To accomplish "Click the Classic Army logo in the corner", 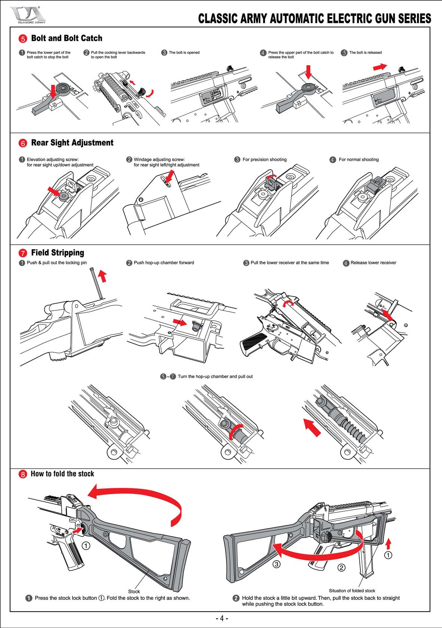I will [x=28, y=15].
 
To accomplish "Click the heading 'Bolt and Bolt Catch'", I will [x=66, y=38].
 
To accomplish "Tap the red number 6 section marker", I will [x=23, y=143].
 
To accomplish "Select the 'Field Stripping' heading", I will [x=57, y=253].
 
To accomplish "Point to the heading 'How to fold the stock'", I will [x=62, y=474].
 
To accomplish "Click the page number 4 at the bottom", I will [x=222, y=618].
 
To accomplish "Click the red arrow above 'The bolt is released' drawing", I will [x=380, y=67].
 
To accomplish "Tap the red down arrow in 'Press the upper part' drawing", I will [x=308, y=72].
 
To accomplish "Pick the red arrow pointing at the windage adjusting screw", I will [x=170, y=177].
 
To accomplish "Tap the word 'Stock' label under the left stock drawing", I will [x=134, y=591].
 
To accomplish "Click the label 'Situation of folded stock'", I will [x=352, y=591].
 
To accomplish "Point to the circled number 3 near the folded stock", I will [x=276, y=564].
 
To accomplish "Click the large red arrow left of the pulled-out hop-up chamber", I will [x=312, y=428].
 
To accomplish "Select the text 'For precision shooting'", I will [x=264, y=160].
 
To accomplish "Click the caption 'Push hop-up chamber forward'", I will [x=164, y=263].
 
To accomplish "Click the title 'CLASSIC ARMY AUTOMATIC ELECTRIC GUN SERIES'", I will [x=314, y=18].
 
